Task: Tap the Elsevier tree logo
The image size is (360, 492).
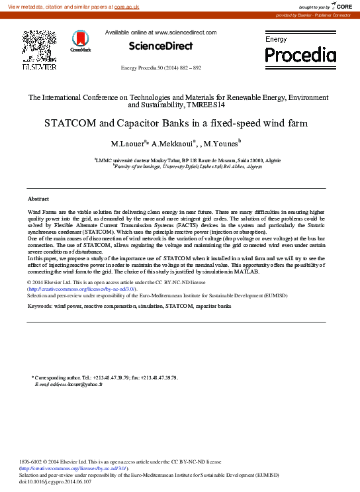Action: (40, 46)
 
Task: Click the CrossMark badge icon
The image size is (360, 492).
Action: (81, 40)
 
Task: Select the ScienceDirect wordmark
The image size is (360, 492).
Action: (161, 46)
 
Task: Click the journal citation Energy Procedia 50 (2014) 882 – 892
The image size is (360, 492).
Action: (161, 68)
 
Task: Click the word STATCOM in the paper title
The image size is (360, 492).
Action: (69, 123)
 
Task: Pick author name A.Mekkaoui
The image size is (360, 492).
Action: (173, 143)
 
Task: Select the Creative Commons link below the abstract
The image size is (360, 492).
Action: (81, 289)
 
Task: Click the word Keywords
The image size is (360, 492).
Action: (39, 307)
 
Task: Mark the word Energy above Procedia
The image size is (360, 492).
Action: (276, 40)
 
